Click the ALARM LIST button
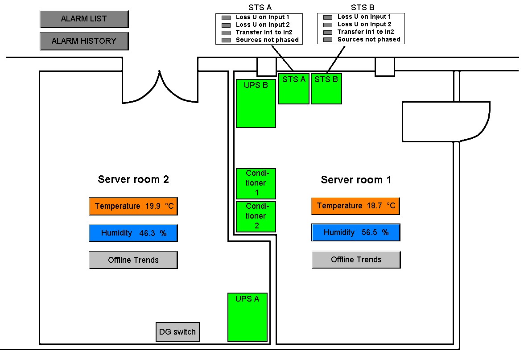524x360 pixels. [x=84, y=19]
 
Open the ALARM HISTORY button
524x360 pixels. [x=84, y=41]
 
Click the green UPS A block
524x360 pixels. [x=247, y=317]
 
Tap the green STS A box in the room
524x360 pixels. [x=294, y=89]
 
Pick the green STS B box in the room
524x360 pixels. [x=326, y=89]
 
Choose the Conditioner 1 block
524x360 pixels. [x=256, y=183]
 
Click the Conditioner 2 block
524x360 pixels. [x=256, y=217]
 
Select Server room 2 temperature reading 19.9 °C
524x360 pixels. [x=133, y=207]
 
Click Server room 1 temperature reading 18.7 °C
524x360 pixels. [x=355, y=206]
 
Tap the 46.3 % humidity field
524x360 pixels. [x=133, y=233]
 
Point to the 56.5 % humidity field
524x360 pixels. [x=355, y=233]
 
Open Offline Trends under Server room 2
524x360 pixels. [x=133, y=260]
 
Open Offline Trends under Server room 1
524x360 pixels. [x=356, y=260]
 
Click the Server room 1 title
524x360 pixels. [x=356, y=180]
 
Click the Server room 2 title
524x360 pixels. [x=133, y=179]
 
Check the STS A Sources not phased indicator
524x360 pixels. [x=226, y=40]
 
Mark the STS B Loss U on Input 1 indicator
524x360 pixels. [x=328, y=17]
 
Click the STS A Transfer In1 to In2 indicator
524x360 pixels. [x=226, y=33]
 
